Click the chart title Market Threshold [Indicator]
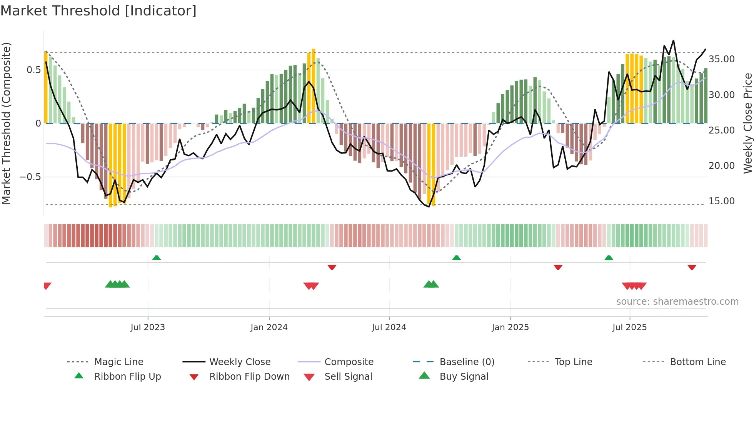pyautogui.click(x=98, y=11)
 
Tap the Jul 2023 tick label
pyautogui.click(x=147, y=327)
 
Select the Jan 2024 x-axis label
pyautogui.click(x=269, y=327)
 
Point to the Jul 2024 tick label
pyautogui.click(x=389, y=327)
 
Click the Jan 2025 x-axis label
pyautogui.click(x=510, y=327)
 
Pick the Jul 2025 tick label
pyautogui.click(x=629, y=327)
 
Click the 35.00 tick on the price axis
pyautogui.click(x=721, y=59)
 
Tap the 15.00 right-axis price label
pyautogui.click(x=721, y=201)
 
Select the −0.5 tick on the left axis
pyautogui.click(x=30, y=177)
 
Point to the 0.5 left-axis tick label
pyautogui.click(x=33, y=70)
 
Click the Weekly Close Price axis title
pyautogui.click(x=747, y=123)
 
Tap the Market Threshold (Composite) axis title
pyautogui.click(x=6, y=123)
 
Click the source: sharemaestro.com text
pyautogui.click(x=677, y=302)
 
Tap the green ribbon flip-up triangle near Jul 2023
pyautogui.click(x=157, y=258)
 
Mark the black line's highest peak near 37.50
pyautogui.click(x=673, y=40)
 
